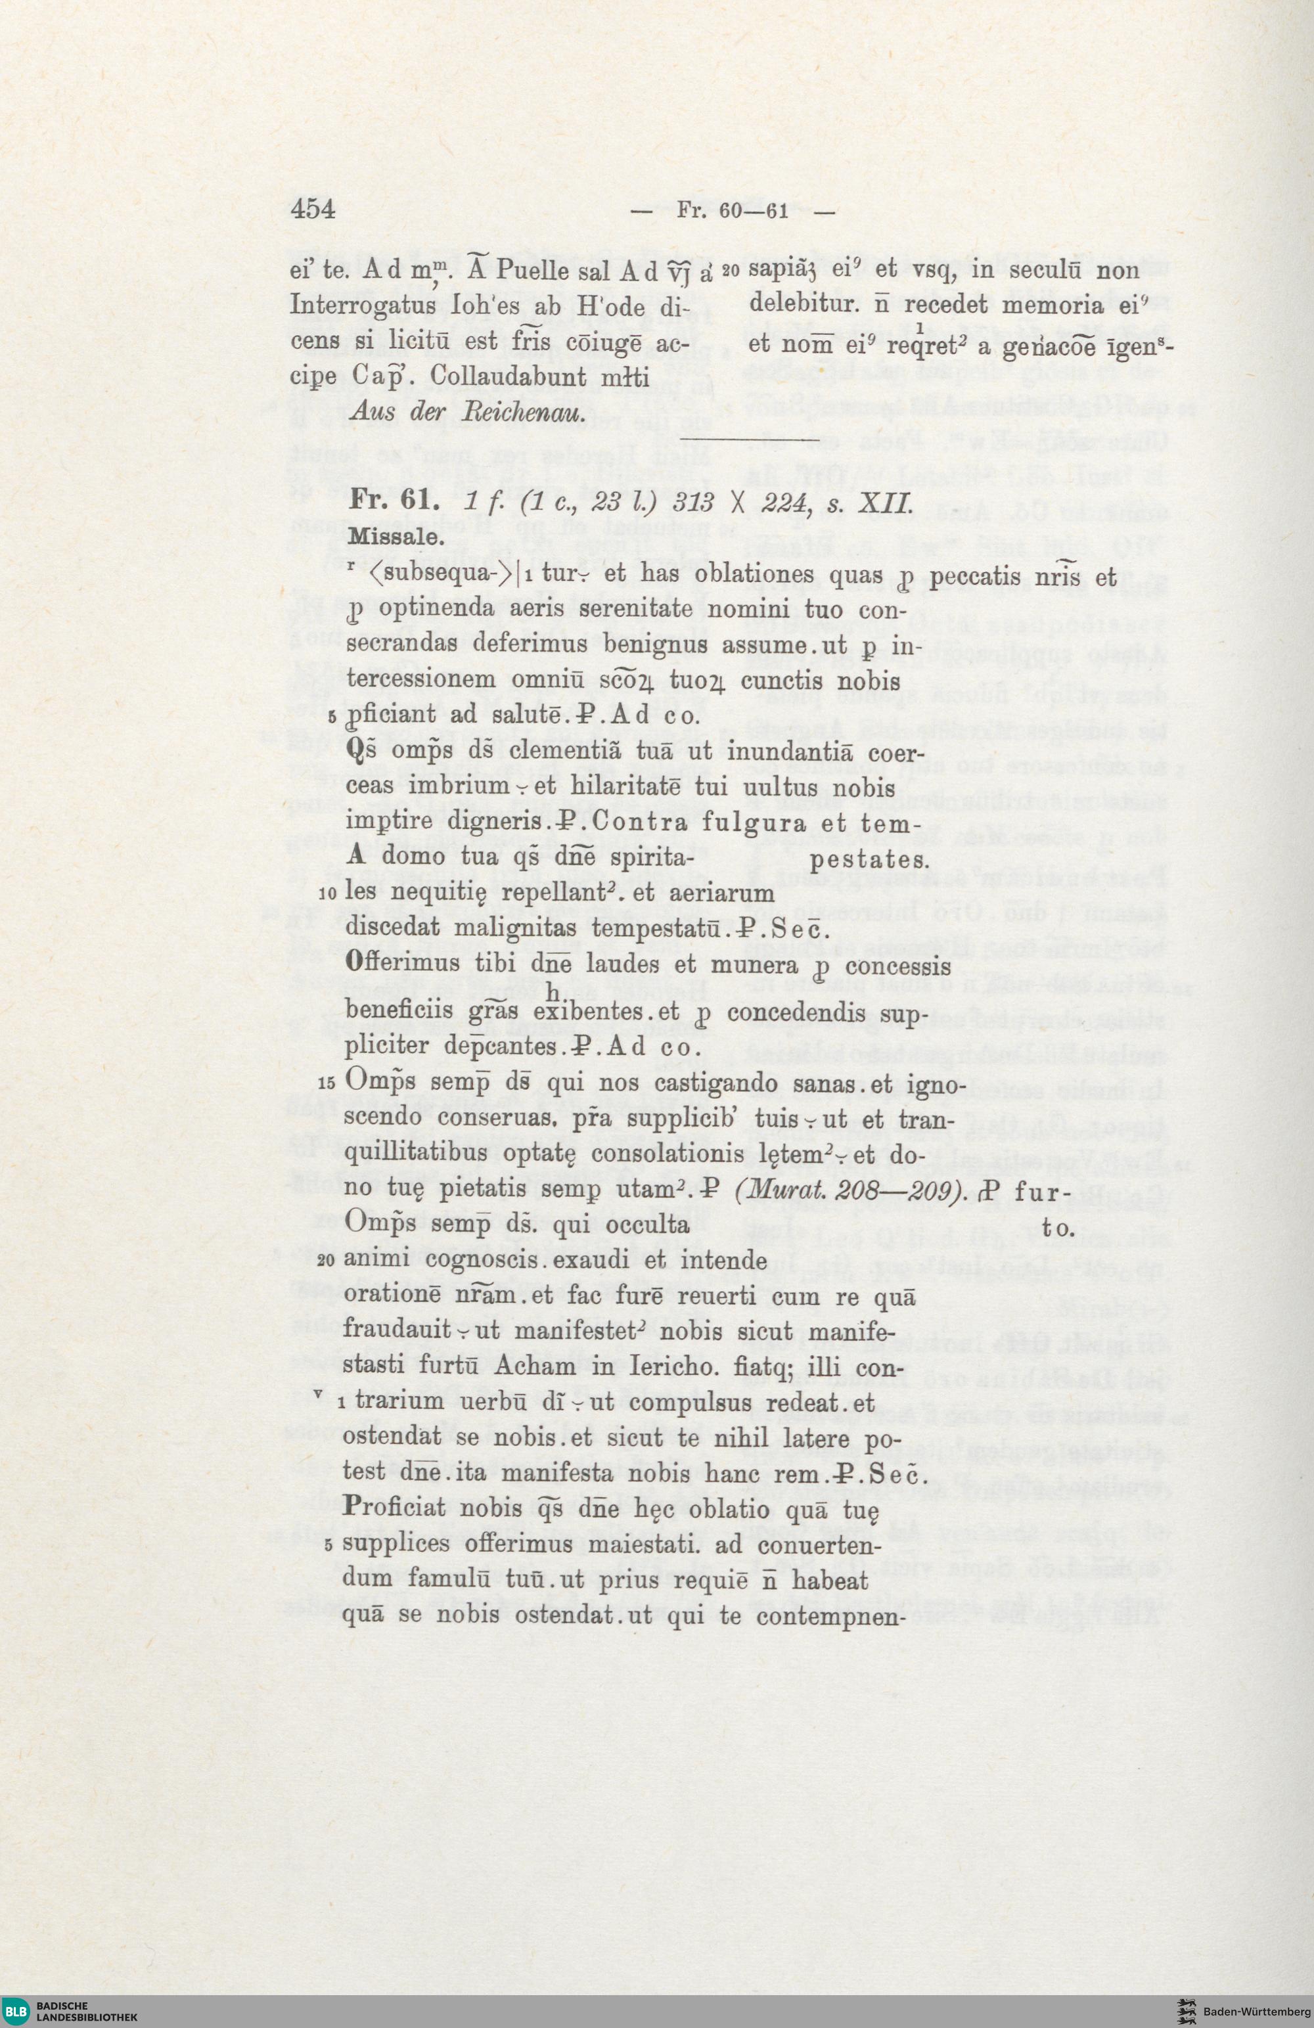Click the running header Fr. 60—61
[731, 212]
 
